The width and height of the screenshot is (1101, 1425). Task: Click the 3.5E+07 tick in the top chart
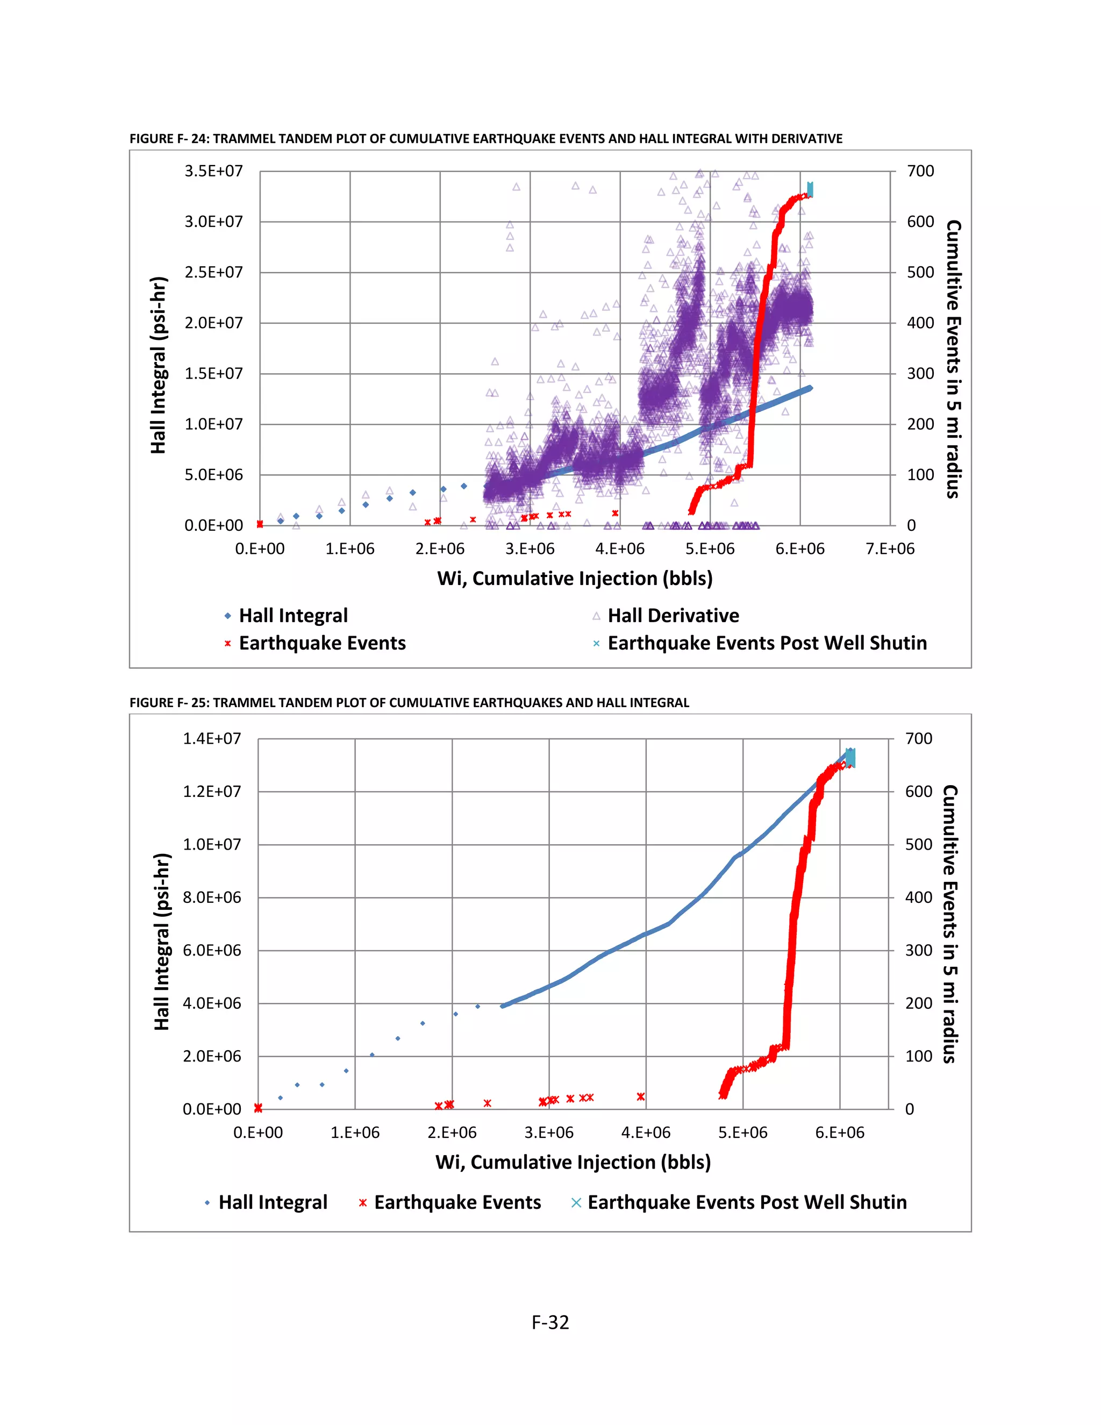click(x=213, y=172)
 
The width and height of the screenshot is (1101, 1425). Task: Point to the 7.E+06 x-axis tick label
click(x=890, y=548)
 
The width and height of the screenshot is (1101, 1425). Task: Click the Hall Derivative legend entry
click(x=673, y=615)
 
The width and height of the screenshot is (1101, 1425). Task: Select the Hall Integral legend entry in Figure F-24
click(x=293, y=615)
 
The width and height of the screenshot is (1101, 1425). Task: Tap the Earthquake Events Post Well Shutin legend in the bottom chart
click(x=746, y=1202)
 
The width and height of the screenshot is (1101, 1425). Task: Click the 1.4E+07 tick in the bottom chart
click(x=211, y=739)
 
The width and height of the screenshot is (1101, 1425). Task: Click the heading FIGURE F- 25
click(x=409, y=703)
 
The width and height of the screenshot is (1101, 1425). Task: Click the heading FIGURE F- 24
click(x=485, y=138)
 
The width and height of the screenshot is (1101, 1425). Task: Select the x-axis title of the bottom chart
click(x=573, y=1162)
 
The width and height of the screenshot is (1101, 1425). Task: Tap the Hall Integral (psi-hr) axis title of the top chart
click(x=159, y=365)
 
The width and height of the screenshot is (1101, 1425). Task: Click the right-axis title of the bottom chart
click(x=950, y=923)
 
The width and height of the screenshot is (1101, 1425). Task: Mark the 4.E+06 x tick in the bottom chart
click(x=645, y=1132)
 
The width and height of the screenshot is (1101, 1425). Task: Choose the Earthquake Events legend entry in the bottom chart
click(x=456, y=1202)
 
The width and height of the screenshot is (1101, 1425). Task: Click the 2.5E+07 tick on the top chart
click(x=213, y=273)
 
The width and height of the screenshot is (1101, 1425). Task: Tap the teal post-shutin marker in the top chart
click(x=810, y=189)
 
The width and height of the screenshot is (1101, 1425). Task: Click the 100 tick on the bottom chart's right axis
click(x=918, y=1056)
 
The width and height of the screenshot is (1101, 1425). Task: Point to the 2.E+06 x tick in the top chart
click(x=440, y=548)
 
